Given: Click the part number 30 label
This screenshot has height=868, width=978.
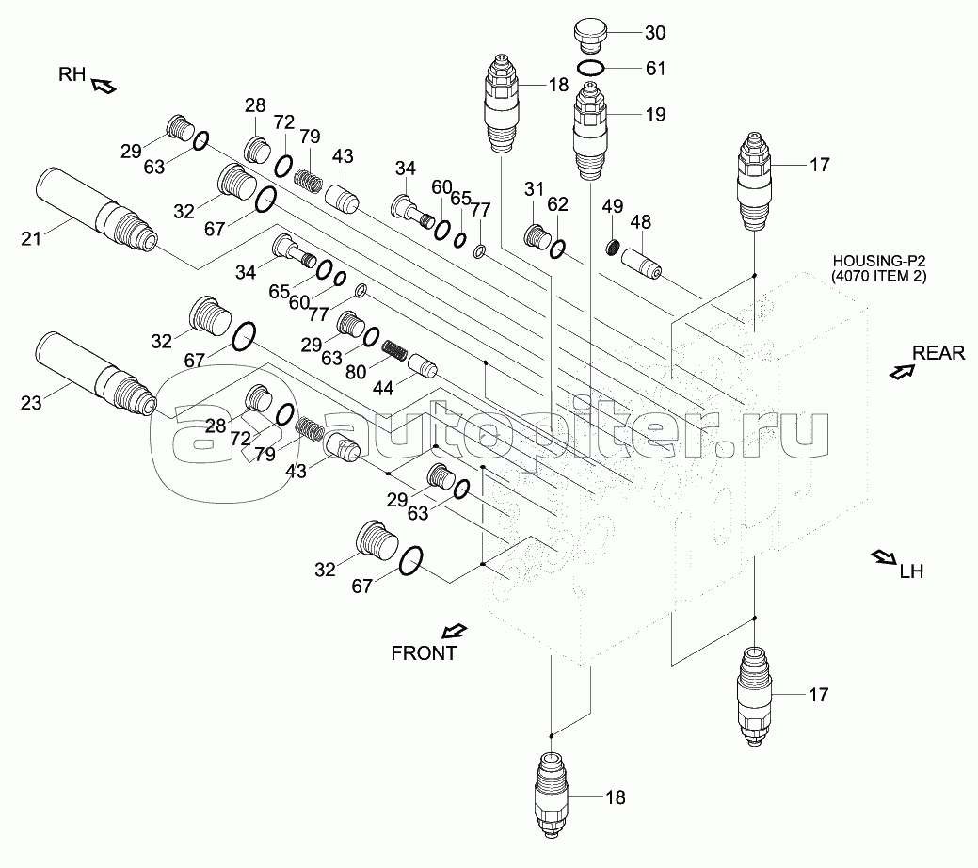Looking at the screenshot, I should coord(655,33).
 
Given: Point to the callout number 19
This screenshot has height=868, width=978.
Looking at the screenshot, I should coord(655,115).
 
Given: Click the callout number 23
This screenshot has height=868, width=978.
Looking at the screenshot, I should coord(31,405).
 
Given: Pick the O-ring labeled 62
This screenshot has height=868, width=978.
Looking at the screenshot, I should coord(557,249).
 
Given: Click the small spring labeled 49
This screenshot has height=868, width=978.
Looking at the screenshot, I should coord(613,249).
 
